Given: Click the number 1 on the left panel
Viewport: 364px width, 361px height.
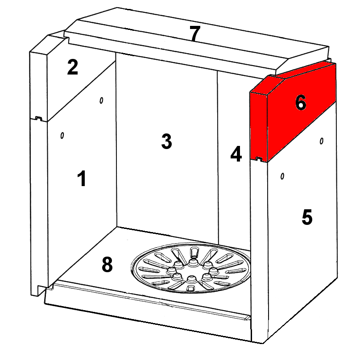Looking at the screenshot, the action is pos(82,178).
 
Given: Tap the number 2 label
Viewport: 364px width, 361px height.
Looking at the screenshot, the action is pos(72,67).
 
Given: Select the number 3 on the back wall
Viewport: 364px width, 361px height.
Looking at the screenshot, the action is pos(166,141).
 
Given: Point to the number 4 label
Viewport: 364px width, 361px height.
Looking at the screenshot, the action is pos(236,154).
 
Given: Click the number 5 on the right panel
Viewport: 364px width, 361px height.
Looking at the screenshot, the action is pos(307,217).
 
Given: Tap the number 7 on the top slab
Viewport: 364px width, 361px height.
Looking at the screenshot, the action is pos(194,33).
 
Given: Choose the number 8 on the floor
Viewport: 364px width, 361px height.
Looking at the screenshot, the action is pos(107,265).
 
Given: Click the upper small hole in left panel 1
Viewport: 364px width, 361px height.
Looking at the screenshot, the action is pos(101,100).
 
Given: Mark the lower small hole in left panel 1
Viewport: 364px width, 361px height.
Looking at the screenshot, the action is pos(62,136).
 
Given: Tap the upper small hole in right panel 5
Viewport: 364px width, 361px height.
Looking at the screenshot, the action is pos(322,141).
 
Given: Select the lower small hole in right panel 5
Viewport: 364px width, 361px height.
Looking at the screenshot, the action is pos(282,176).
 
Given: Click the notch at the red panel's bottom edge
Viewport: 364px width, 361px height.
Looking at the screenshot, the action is pos(259,159).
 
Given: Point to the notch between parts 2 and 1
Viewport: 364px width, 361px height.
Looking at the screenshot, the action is pos(38,118).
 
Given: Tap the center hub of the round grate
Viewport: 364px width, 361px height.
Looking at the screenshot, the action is pos(192,270).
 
